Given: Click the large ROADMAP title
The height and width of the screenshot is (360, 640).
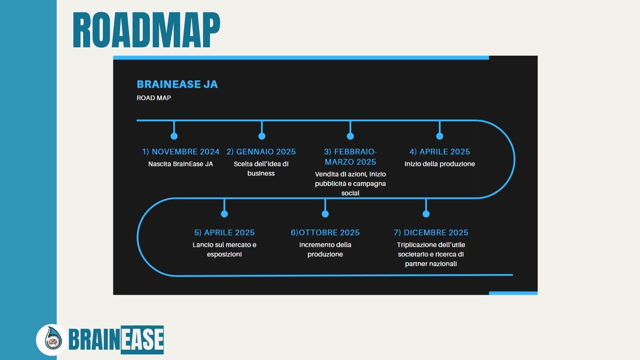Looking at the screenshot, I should (146, 30).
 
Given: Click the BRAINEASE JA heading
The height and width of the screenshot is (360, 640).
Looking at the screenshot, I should (177, 84).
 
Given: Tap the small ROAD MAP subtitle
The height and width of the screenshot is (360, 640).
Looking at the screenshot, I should (154, 98).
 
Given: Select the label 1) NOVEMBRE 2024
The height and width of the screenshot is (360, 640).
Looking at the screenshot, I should (181, 152).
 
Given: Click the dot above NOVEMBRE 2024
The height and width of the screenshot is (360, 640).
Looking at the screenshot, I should (174, 136).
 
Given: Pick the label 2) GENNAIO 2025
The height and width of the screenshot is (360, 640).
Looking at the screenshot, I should (261, 152).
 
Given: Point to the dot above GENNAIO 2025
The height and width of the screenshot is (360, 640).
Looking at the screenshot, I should (262, 136).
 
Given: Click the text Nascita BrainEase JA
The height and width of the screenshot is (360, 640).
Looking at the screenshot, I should (180, 164).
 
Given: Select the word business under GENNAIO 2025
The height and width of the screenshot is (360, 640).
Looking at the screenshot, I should (261, 173).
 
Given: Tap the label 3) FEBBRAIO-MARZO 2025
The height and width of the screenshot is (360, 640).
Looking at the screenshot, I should (350, 157).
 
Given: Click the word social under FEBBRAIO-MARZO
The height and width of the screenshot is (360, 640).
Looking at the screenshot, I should (350, 193).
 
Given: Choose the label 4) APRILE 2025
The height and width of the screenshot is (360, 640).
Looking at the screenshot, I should (439, 152).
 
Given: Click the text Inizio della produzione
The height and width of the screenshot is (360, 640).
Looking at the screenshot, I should (439, 164).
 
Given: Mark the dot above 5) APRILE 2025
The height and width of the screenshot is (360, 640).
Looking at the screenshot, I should (224, 214).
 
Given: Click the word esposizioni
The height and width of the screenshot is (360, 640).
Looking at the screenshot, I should (224, 254).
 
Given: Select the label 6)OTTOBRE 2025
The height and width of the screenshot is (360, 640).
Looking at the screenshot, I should (325, 233).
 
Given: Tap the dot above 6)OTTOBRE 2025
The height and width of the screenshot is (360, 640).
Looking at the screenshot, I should (325, 214).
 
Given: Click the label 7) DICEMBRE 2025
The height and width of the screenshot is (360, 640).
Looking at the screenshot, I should (431, 233).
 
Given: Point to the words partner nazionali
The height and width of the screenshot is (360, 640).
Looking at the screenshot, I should (431, 264).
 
